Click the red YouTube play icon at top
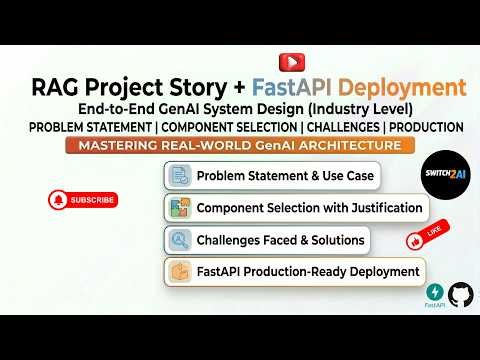tap(289, 61)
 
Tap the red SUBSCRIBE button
tap(82, 199)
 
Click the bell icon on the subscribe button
tap(57, 199)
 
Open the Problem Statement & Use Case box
tap(271, 177)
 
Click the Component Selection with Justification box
tap(296, 209)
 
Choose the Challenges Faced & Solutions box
tap(267, 241)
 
